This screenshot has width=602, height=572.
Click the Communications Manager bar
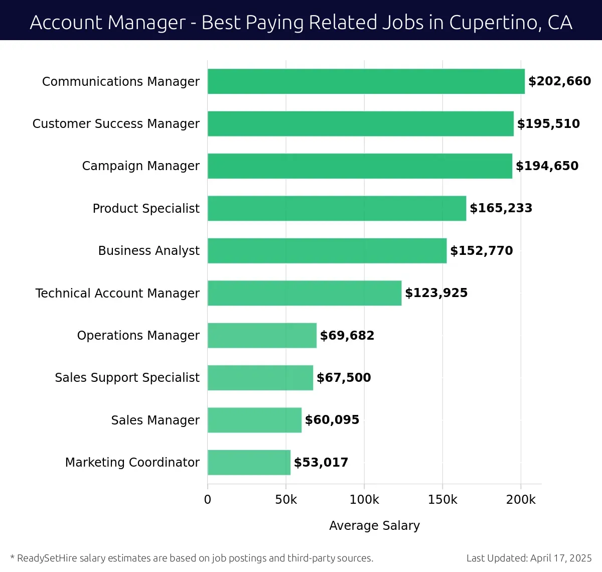point(366,81)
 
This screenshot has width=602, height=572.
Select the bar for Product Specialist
point(337,208)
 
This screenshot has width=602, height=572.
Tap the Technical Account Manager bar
point(305,293)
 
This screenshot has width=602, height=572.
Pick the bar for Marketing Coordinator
point(249,462)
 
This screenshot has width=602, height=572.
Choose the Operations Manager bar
point(262,335)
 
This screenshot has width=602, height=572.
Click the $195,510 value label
point(548,124)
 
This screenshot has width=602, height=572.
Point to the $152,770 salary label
point(481,251)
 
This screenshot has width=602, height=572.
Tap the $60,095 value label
point(332,420)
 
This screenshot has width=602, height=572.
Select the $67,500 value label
point(344,378)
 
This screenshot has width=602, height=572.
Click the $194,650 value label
point(547,166)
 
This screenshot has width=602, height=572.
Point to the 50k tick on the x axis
point(286,500)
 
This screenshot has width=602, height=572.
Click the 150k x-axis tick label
point(442,500)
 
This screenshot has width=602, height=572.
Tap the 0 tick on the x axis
point(208,500)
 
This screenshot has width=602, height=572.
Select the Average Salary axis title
point(374,525)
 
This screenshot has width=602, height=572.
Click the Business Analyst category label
point(148,251)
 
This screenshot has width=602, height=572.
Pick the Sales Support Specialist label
point(127,378)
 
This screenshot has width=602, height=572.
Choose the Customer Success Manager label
point(116,124)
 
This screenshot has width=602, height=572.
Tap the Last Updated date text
point(529,558)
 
